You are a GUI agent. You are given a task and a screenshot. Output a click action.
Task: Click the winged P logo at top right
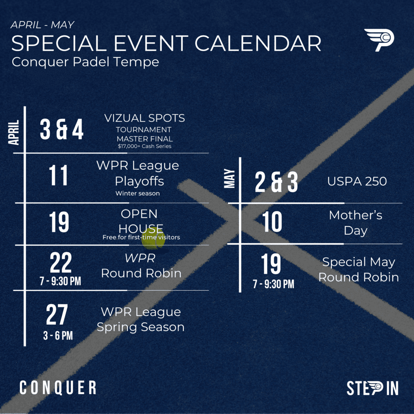click(379, 40)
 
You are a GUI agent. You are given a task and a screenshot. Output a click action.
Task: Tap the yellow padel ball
click(153, 239)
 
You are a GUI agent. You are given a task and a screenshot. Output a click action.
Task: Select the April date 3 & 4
click(61, 129)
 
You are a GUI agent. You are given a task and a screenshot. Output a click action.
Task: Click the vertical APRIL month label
click(14, 132)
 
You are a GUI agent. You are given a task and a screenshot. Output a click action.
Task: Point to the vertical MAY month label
click(230, 178)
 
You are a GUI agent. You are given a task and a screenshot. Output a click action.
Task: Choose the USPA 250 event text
click(357, 182)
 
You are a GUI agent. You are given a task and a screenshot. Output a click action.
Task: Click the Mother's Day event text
click(356, 223)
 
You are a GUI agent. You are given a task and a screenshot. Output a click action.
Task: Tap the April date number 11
click(58, 175)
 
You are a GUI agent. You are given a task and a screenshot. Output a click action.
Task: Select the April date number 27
click(57, 314)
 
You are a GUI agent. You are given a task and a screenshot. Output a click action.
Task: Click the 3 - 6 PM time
click(58, 336)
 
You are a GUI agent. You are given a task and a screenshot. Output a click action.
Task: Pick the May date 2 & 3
click(276, 182)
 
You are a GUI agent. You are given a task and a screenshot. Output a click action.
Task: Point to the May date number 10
click(272, 222)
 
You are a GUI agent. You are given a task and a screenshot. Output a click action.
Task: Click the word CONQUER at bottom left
click(58, 388)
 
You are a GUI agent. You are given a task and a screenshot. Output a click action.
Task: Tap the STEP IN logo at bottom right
click(372, 388)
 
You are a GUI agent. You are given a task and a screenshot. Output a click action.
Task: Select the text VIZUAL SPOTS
click(144, 118)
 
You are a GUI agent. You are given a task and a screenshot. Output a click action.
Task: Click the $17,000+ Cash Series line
click(144, 146)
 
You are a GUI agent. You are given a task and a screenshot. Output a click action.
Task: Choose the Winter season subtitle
click(137, 193)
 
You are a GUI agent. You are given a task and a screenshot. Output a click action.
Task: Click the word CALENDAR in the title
click(258, 43)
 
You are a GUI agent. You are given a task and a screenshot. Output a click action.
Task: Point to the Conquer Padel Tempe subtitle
click(85, 62)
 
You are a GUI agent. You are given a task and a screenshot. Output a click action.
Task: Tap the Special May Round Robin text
click(359, 270)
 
